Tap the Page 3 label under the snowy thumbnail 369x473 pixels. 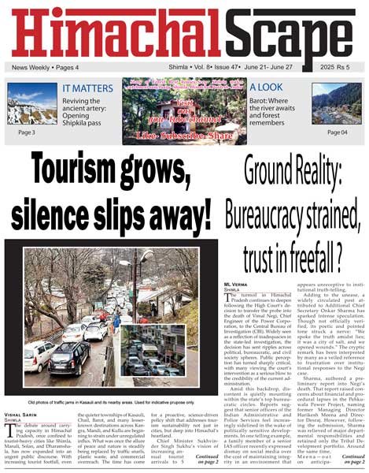click(26, 132)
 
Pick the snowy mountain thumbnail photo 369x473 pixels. click(32, 104)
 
